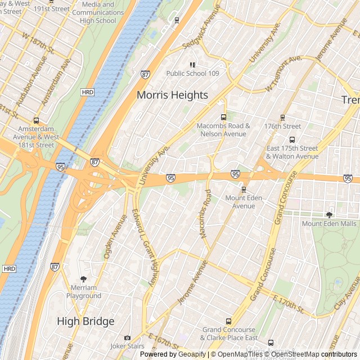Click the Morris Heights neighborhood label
point(172,95)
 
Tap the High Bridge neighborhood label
point(85,322)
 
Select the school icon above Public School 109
point(192,65)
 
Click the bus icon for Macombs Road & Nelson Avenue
point(223,117)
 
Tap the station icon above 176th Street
point(282,118)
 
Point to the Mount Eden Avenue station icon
point(244,190)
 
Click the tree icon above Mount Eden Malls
point(329,215)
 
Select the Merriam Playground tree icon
point(84,279)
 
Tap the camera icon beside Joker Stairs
point(127,337)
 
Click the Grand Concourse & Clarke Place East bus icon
point(228,321)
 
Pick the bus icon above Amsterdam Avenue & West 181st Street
point(37,120)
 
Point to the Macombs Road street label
point(206,214)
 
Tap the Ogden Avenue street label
point(115,236)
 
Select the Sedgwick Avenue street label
point(201,28)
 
